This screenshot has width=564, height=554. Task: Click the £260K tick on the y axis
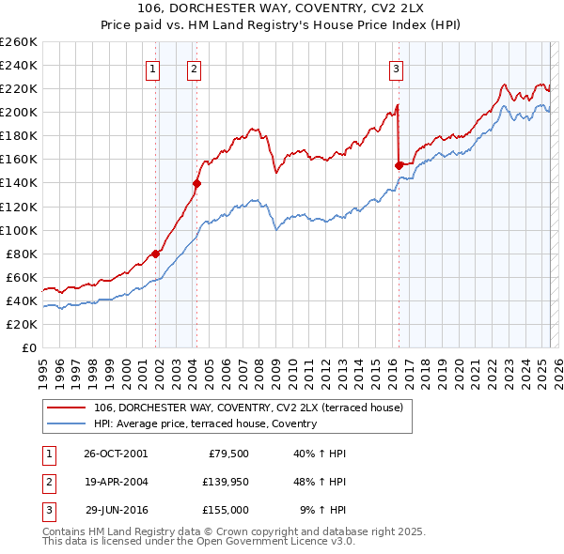coord(19,41)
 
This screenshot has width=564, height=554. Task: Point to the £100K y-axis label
coord(19,230)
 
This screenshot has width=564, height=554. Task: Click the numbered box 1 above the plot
coord(152,68)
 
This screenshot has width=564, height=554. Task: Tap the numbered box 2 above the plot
coord(194,68)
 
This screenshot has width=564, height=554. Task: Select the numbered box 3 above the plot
coord(396,68)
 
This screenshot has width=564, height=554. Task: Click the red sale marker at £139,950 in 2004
coord(196,183)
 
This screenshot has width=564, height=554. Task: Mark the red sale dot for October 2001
coord(155,254)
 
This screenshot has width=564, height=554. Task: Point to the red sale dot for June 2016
coord(399,165)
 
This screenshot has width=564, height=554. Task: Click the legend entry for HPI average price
coord(205,423)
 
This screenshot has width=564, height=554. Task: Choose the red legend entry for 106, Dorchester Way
coord(248,408)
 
